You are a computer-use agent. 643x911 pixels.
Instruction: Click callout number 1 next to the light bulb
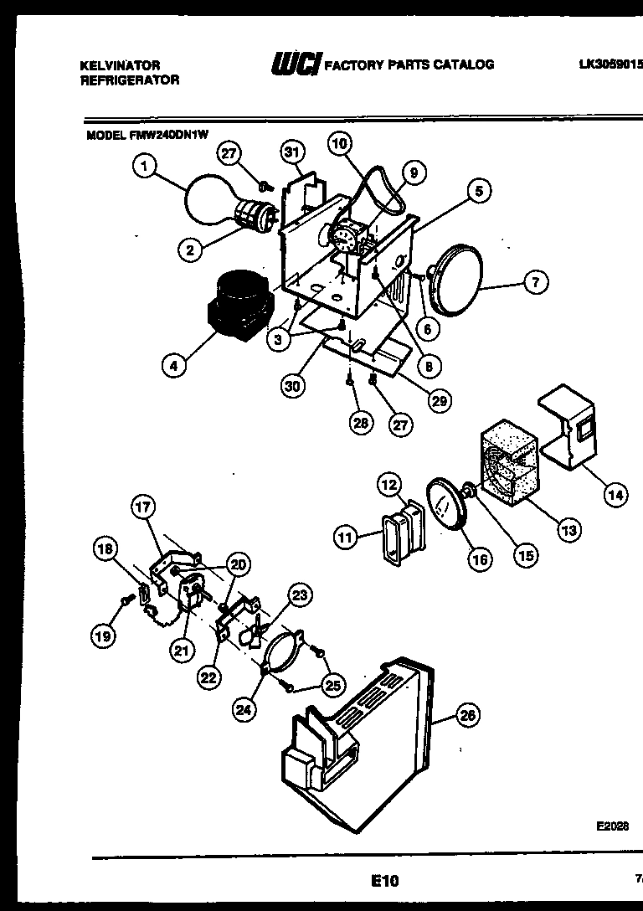click(145, 167)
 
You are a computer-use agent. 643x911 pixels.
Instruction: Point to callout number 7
click(536, 282)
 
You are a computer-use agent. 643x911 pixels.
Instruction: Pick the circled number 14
click(615, 495)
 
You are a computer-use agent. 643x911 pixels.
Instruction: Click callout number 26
click(468, 715)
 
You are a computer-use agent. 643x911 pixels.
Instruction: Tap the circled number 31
click(291, 152)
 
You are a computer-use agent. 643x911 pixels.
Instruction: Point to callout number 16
click(480, 560)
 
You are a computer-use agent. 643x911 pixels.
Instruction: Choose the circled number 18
click(105, 549)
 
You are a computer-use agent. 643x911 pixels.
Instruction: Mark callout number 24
click(244, 710)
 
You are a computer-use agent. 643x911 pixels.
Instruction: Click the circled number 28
click(360, 424)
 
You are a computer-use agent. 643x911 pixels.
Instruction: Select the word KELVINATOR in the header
click(120, 64)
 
